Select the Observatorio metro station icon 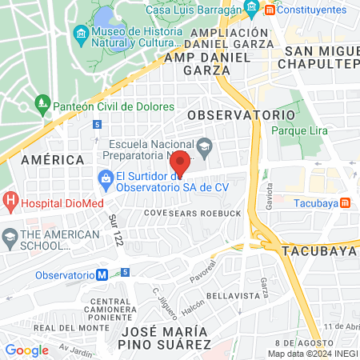tap(102, 274)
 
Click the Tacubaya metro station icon tap(345, 203)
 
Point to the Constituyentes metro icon tap(270, 10)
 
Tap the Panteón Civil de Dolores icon tap(42, 104)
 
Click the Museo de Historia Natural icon tap(80, 33)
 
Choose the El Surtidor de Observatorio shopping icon tap(105, 177)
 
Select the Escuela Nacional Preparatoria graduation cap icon tap(205, 146)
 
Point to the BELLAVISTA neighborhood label tap(229, 295)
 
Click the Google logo tap(27, 350)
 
